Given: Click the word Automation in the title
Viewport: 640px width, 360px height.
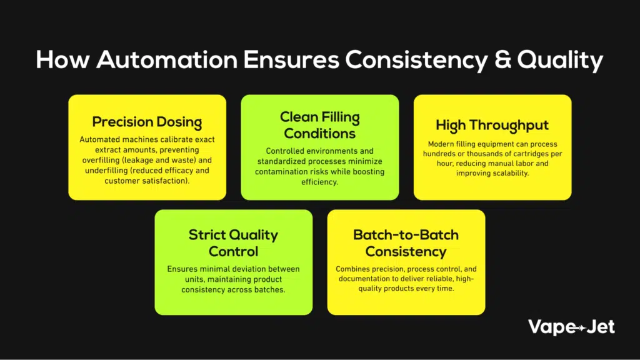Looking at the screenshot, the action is (x=167, y=59).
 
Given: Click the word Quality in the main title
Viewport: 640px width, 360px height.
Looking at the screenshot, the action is (x=560, y=61).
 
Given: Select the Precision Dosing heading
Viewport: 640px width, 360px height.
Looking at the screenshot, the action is (x=147, y=122).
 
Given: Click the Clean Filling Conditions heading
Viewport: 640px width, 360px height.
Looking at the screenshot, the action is (x=319, y=125).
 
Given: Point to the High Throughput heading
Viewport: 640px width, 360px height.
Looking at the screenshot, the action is (x=492, y=125).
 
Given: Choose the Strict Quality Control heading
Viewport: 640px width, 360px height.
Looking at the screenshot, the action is (x=233, y=243).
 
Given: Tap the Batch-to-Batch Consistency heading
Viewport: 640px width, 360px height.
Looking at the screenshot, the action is (x=406, y=243).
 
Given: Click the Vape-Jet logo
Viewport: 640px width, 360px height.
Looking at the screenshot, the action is (x=571, y=327).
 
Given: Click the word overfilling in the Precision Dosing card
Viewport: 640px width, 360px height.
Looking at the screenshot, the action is (x=101, y=160).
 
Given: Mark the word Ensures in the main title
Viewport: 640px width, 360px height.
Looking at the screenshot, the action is (x=291, y=59).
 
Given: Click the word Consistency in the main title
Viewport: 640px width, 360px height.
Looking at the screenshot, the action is (x=416, y=61).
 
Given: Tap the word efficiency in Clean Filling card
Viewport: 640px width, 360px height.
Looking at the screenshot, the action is (x=319, y=182).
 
